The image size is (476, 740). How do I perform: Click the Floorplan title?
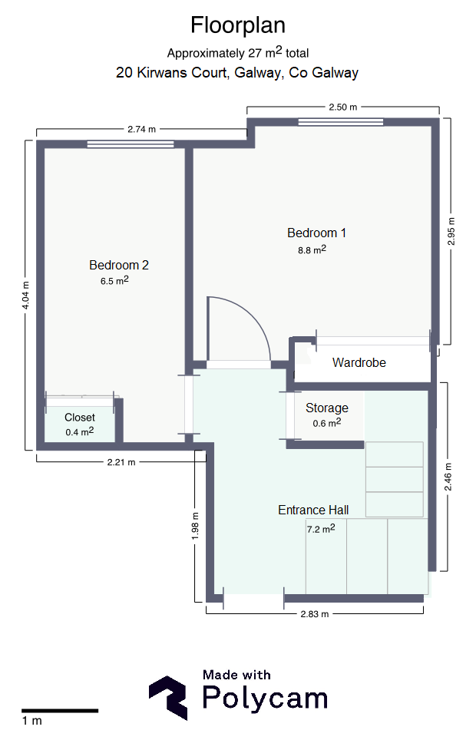(238, 25)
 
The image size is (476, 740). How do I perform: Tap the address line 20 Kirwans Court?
(237, 73)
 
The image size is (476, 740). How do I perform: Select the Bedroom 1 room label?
(316, 233)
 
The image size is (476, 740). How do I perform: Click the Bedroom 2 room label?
(119, 265)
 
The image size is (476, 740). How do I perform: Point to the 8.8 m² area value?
(312, 249)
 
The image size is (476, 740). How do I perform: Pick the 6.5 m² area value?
(114, 281)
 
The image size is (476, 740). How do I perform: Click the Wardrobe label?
(359, 362)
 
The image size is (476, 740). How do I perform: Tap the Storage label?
(327, 408)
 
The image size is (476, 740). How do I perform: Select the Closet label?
(80, 417)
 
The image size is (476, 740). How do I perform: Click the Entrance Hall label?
(313, 510)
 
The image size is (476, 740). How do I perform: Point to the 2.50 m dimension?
(343, 107)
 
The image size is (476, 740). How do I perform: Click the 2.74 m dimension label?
(141, 129)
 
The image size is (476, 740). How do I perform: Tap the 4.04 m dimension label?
(26, 296)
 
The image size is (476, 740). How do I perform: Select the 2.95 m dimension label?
(451, 231)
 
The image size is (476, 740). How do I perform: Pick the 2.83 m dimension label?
(315, 614)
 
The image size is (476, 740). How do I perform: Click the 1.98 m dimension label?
(195, 526)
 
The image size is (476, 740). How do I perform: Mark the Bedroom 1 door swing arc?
(253, 316)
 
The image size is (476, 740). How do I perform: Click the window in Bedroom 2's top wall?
(131, 144)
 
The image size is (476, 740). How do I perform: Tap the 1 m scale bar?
(60, 710)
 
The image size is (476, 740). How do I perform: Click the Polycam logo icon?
(168, 698)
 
